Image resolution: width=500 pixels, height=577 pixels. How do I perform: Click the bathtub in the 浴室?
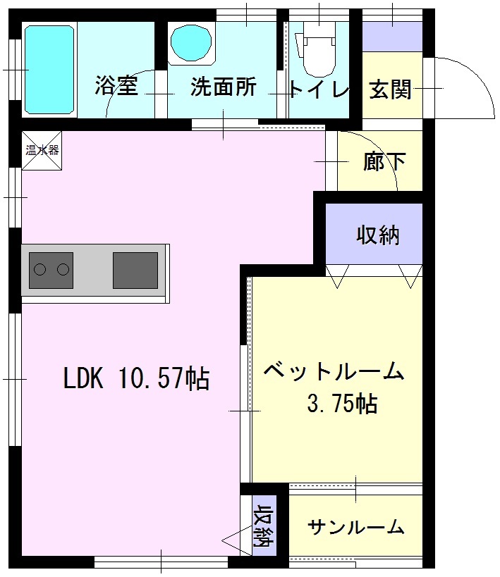tap(49, 70)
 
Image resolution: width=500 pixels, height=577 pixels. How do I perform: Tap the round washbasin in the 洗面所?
tap(192, 44)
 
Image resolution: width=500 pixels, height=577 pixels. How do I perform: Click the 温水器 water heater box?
tap(42, 151)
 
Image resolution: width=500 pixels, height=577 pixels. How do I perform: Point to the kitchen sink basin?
tap(135, 271)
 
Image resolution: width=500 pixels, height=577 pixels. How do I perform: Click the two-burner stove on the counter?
tap(51, 271)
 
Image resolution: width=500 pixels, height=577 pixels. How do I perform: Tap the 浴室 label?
tap(116, 85)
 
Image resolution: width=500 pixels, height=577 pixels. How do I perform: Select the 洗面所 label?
tap(224, 87)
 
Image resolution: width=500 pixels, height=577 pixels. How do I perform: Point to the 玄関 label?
tap(390, 89)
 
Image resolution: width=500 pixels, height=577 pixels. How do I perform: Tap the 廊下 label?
tap(384, 161)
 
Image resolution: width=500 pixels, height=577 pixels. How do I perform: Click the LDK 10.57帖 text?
tap(137, 378)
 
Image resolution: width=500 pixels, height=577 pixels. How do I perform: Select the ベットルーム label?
tap(334, 371)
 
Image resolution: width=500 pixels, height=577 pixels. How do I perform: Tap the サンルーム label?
tap(355, 527)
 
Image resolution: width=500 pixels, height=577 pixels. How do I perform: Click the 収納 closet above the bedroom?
tap(374, 234)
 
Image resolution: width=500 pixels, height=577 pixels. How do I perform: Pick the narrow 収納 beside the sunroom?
tap(264, 526)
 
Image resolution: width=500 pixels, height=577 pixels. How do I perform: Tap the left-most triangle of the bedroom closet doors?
tap(337, 276)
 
